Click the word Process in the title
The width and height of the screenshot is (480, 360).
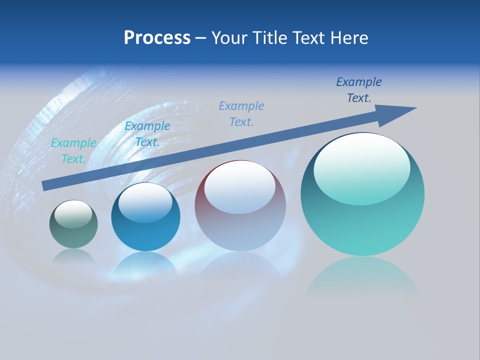point(157,38)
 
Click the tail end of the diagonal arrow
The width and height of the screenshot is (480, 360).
point(45,185)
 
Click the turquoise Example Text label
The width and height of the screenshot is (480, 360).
point(73,151)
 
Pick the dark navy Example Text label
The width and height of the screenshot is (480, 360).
point(359,90)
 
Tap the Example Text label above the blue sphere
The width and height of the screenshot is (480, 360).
point(147,134)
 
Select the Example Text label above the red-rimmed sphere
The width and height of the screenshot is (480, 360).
point(241,114)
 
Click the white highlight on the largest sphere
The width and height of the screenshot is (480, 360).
point(361,167)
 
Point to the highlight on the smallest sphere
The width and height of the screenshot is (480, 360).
point(73,214)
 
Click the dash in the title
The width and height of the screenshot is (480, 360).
point(200,38)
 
